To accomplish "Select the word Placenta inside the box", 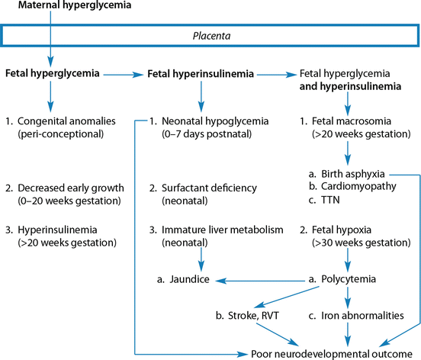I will point(210,35).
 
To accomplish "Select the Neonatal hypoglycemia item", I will point(207,121).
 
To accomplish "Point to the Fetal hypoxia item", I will point(345,229).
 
